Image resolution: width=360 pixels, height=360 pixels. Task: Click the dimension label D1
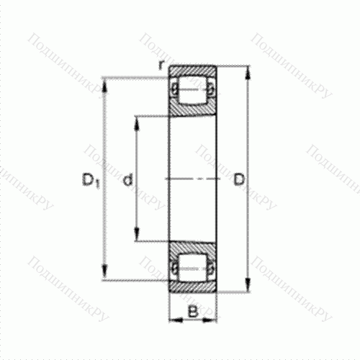click(91, 180)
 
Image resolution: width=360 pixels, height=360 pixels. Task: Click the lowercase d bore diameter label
click(127, 179)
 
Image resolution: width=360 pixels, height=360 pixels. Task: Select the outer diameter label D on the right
click(239, 179)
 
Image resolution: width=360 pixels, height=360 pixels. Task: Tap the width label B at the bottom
click(193, 312)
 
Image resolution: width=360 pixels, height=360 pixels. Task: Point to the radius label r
click(161, 65)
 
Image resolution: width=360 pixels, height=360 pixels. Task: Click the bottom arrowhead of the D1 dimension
click(104, 272)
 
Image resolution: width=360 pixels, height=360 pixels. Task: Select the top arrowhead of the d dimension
click(136, 123)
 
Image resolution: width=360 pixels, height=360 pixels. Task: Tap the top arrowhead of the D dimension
click(248, 73)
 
